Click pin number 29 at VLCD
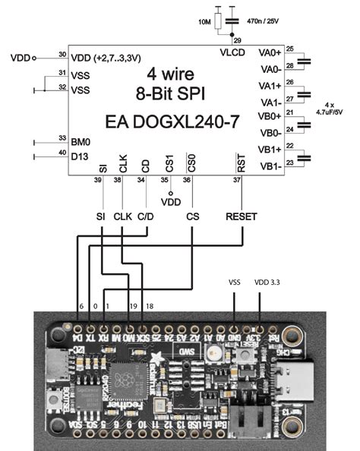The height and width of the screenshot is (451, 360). [x=237, y=39]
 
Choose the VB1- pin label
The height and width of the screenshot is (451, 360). [x=270, y=166]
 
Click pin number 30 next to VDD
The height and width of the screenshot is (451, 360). [x=62, y=54]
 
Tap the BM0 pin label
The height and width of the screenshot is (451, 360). [x=81, y=140]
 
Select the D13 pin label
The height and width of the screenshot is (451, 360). [x=80, y=157]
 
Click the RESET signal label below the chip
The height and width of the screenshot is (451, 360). [x=242, y=216]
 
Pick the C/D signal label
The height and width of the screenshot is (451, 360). [x=147, y=216]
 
